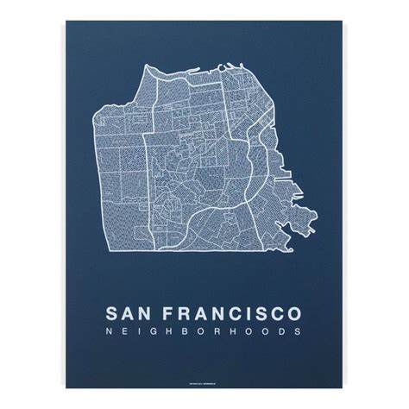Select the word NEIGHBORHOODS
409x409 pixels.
coord(204,330)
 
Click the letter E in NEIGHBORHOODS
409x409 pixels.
coord(123,330)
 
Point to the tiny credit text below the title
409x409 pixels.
coord(204,360)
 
